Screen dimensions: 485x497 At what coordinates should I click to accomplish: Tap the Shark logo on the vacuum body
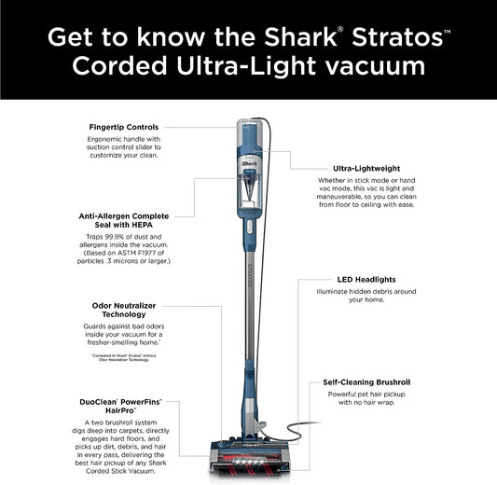pos(249,160)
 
